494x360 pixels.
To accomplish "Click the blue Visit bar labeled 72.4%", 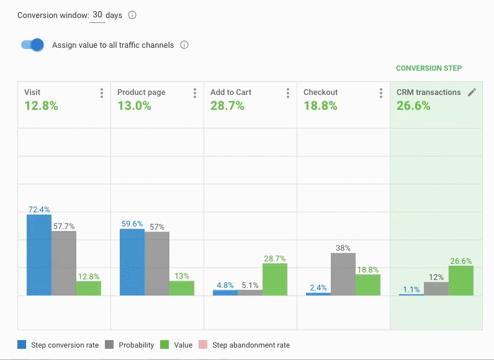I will [38, 254].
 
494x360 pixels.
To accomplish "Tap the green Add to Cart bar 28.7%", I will [275, 279].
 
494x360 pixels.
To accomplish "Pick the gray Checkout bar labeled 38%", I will [343, 274].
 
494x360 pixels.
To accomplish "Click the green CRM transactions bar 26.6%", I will [461, 280].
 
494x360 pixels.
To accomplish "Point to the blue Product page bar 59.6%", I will [132, 261].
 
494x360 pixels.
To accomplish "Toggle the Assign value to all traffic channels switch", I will [32, 45].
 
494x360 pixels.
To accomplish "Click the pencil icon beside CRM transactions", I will [472, 92].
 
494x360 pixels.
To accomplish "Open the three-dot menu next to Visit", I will [102, 93].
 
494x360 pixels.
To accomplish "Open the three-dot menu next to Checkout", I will [381, 93].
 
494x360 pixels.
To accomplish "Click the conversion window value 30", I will [97, 15].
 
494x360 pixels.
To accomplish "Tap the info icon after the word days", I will [132, 16].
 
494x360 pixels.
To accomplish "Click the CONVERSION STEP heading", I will [429, 68].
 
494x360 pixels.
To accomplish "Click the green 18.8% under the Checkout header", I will [320, 106].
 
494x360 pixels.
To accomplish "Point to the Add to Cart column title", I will [231, 92].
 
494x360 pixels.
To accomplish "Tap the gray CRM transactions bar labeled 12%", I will [436, 288].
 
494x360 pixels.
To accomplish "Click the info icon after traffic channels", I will [184, 45].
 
